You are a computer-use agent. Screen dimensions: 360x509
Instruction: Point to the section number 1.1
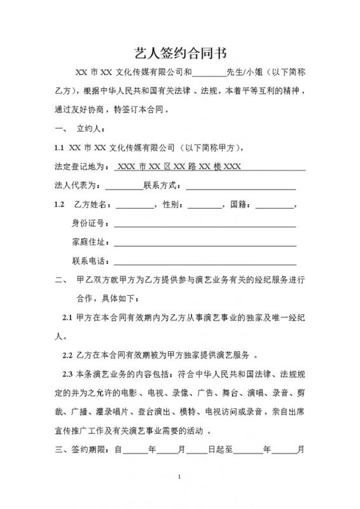click(59, 148)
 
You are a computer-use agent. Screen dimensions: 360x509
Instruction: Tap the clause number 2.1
click(67, 317)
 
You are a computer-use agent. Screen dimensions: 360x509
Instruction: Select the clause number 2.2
click(67, 354)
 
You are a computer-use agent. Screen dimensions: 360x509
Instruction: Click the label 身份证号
click(89, 225)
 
